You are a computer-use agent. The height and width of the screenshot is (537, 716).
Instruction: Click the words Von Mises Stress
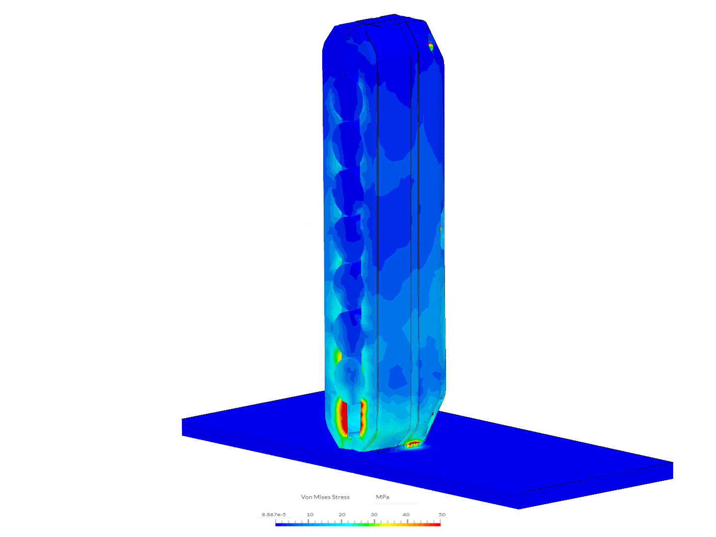[325, 497]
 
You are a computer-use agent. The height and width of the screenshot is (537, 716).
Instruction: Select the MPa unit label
[382, 497]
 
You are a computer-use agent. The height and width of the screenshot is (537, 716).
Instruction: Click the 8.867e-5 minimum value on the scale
[273, 515]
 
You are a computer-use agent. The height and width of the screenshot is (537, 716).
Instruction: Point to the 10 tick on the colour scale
[310, 515]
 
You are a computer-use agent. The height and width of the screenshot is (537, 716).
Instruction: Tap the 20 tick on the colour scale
[342, 515]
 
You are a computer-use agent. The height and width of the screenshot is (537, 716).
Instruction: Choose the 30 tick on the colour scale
[374, 515]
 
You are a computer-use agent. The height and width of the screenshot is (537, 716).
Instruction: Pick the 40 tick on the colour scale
[406, 515]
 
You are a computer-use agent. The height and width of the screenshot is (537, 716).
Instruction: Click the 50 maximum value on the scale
[442, 515]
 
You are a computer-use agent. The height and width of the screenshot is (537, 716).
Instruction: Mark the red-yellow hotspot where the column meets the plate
[413, 444]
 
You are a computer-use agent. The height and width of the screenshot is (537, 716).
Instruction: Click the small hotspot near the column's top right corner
[431, 47]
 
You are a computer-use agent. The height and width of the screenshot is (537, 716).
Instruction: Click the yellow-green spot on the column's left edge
[338, 357]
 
